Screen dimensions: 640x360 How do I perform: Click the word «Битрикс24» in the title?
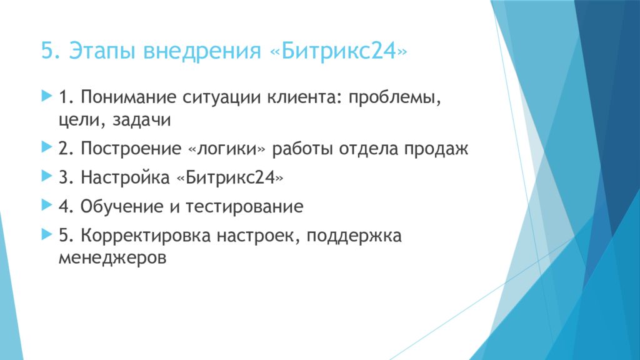point(338,51)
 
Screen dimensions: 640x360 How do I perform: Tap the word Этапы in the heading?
point(101,52)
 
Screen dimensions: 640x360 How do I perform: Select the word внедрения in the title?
point(202,52)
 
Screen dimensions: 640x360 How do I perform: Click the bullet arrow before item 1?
point(47,96)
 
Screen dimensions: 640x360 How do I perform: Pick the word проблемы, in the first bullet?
point(395,99)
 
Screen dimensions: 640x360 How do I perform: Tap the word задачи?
point(141,120)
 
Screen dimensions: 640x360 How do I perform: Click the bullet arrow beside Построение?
point(47,147)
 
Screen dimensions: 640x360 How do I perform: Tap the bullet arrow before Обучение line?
point(47,205)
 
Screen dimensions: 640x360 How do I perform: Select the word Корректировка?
point(145,236)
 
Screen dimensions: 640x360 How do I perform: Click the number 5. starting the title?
point(51,51)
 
